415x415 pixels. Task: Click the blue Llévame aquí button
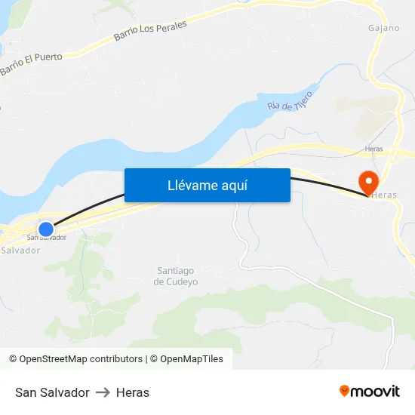[207, 185]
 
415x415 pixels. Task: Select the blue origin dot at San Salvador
[46, 229]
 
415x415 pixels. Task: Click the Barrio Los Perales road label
[150, 31]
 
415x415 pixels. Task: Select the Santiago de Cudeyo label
[176, 276]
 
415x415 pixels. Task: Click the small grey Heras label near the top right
[373, 149]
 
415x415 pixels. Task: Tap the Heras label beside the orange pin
[384, 195]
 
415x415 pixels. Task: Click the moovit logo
[370, 392]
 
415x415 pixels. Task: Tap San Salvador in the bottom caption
[52, 392]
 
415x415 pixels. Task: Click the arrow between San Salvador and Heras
[103, 392]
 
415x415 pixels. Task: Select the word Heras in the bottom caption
[133, 392]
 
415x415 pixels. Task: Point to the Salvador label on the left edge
[20, 250]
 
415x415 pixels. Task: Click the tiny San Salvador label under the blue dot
[47, 238]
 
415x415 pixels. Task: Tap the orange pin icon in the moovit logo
[345, 391]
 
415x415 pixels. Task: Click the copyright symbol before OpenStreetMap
[13, 359]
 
